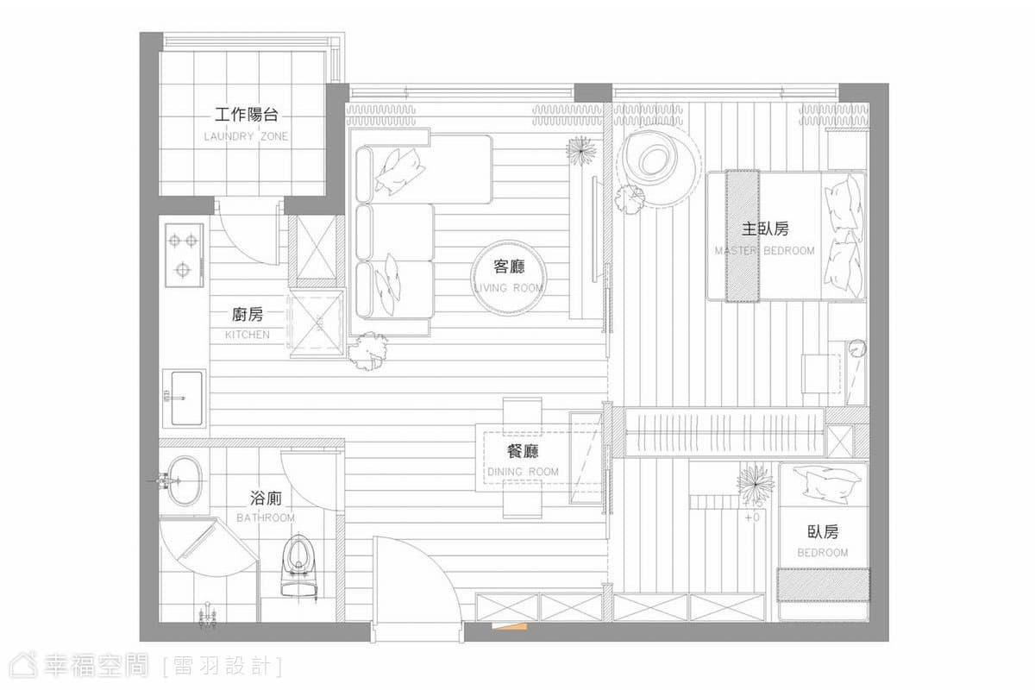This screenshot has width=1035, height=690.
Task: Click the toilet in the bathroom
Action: tap(299, 567)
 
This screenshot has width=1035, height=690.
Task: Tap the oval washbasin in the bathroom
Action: tap(185, 480)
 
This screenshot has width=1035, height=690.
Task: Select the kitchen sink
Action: tap(185, 398)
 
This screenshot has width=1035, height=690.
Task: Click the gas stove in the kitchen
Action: tap(185, 255)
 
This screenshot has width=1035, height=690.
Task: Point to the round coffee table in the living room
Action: tap(508, 278)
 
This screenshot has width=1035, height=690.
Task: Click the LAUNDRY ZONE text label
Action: tap(246, 136)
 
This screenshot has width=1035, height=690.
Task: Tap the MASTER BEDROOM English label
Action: tap(765, 250)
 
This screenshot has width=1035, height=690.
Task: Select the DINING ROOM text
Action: tap(523, 472)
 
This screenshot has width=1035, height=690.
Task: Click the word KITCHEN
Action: tap(248, 334)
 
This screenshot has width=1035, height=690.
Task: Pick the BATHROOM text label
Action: tap(266, 517)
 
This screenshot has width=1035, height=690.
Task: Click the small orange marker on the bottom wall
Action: tap(510, 626)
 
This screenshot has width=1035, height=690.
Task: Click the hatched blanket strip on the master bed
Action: tap(743, 236)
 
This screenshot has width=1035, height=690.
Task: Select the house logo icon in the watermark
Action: tap(23, 666)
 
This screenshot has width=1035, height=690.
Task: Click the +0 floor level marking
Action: tap(752, 517)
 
